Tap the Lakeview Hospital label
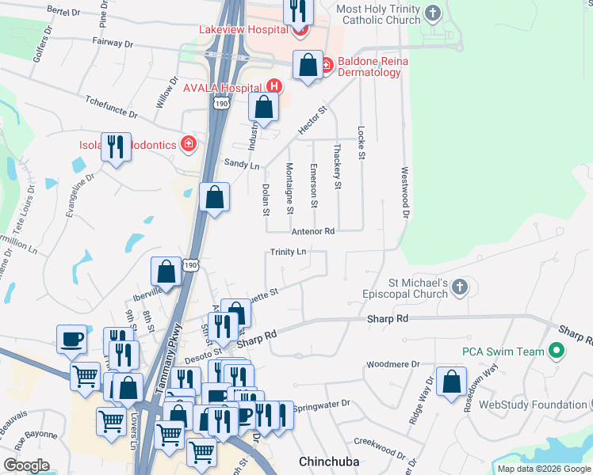pyautogui.click(x=243, y=30)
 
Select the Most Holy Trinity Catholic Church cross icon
pyautogui.click(x=432, y=13)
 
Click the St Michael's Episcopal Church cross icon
pyautogui.click(x=461, y=288)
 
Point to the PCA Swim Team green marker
pyautogui.click(x=557, y=351)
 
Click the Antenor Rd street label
pyautogui.click(x=313, y=232)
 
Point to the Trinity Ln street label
pyautogui.click(x=288, y=252)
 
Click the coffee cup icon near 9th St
pyautogui.click(x=71, y=338)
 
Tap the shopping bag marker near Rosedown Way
pyautogui.click(x=451, y=382)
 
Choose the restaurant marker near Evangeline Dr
pyautogui.click(x=116, y=146)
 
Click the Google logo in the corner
pyautogui.click(x=26, y=465)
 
